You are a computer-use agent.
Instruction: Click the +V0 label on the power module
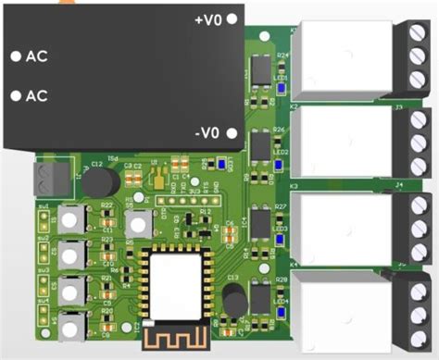[x=208, y=19]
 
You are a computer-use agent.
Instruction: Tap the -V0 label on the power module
[x=208, y=133]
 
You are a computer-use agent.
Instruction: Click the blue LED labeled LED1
[x=281, y=88]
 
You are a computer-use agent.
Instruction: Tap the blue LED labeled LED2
[x=281, y=167]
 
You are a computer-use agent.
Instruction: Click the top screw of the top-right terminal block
[x=417, y=38]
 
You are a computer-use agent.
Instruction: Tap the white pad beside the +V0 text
[x=232, y=19]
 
